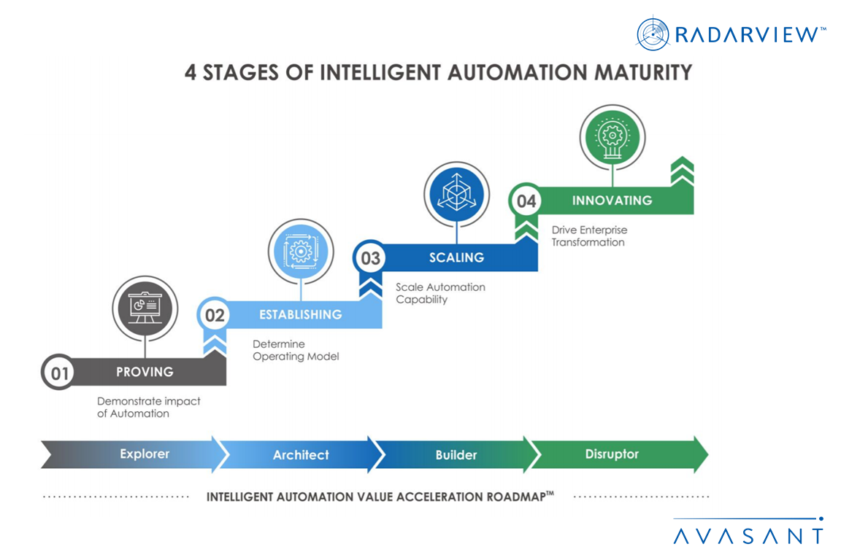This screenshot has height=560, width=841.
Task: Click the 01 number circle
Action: coord(59,373)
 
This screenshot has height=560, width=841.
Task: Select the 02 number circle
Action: coord(215,316)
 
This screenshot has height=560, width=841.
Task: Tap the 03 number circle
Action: coord(370,258)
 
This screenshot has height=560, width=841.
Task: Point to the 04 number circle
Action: coord(526,201)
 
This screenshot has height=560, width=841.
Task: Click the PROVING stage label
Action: coord(145,372)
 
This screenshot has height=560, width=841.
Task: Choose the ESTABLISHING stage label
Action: coord(300,315)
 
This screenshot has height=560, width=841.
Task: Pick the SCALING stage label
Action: coord(456,257)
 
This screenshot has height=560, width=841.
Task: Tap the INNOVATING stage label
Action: coord(612,200)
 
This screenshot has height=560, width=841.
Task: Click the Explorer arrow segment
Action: coord(145,454)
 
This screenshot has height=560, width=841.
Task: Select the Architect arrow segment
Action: coord(301,455)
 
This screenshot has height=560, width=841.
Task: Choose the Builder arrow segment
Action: coord(456,455)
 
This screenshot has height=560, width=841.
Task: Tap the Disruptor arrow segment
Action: coord(612,454)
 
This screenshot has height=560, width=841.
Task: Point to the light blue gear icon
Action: coord(300,251)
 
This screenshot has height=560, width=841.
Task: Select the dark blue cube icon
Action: coord(456,192)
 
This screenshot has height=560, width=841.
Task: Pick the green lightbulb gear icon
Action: coord(611,136)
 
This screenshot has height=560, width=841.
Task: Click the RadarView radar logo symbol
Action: coord(653,34)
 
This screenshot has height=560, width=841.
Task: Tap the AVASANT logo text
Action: coord(748,536)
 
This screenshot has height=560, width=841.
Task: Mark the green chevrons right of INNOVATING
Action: coord(681,172)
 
